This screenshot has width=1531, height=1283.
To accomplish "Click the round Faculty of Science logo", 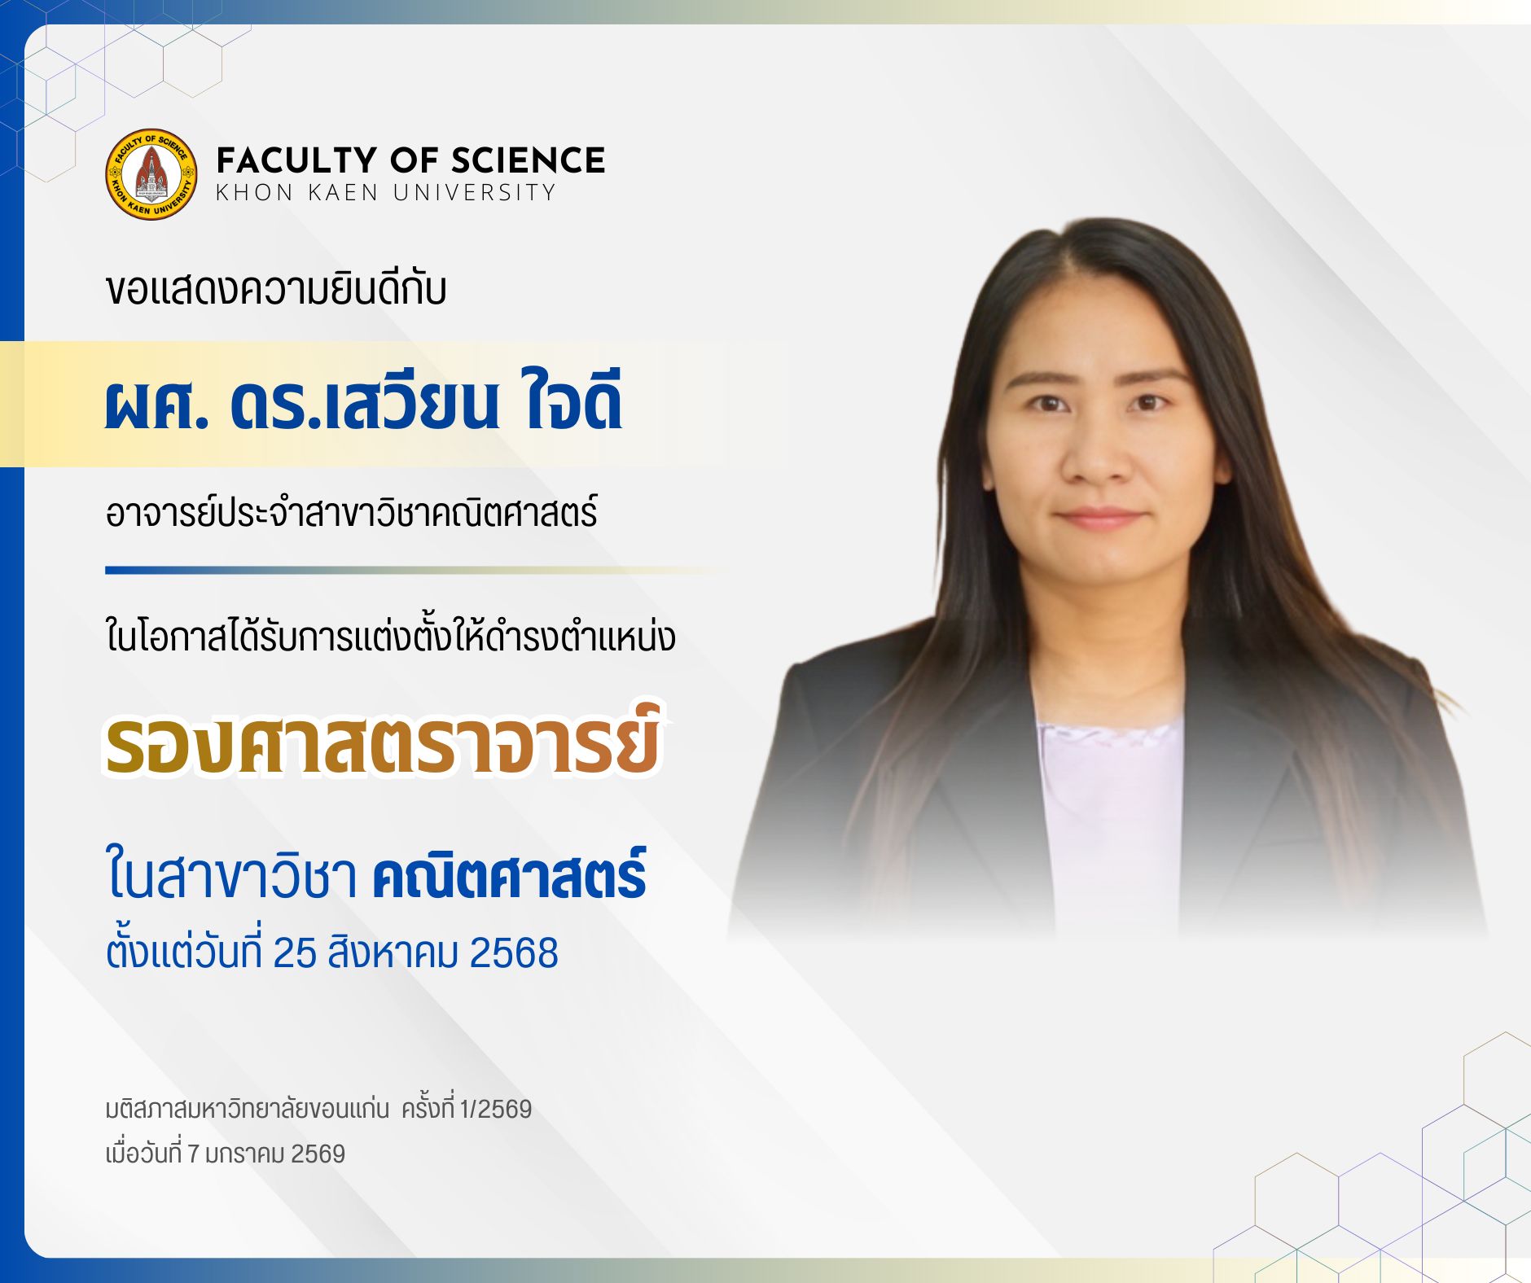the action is [x=151, y=174].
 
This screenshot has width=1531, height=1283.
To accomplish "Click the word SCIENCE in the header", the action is [x=528, y=160].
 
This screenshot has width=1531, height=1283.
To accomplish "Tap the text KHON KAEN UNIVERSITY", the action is [x=386, y=193].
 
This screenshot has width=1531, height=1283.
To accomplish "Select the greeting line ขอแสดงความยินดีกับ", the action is [x=276, y=289].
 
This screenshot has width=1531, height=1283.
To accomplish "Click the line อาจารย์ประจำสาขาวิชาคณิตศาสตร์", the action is [x=352, y=513].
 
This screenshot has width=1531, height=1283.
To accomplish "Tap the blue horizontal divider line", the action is [x=415, y=571].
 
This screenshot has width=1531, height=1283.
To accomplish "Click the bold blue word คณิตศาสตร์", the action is [x=510, y=874].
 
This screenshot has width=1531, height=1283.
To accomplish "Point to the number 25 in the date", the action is [x=295, y=953].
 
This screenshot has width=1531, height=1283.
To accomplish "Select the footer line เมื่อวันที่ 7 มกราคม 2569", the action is [x=226, y=1153].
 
